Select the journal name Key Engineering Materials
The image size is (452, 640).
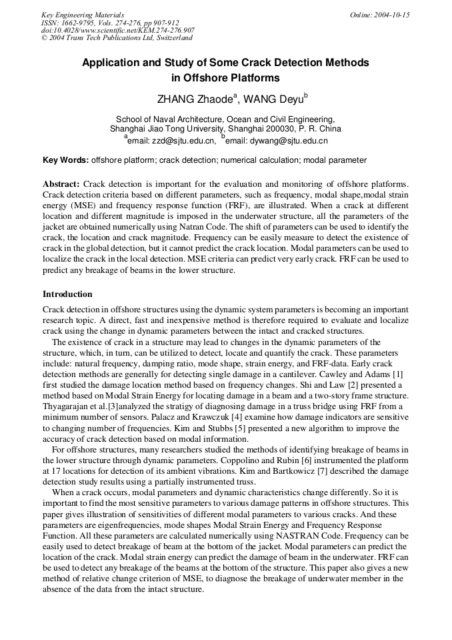tap(83, 15)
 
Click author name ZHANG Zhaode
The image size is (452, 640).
tap(194, 99)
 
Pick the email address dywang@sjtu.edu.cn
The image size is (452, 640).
tap(291, 141)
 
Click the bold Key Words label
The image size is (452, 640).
tap(65, 160)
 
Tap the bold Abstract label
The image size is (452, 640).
tap(61, 184)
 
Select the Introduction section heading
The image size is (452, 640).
tap(67, 294)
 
